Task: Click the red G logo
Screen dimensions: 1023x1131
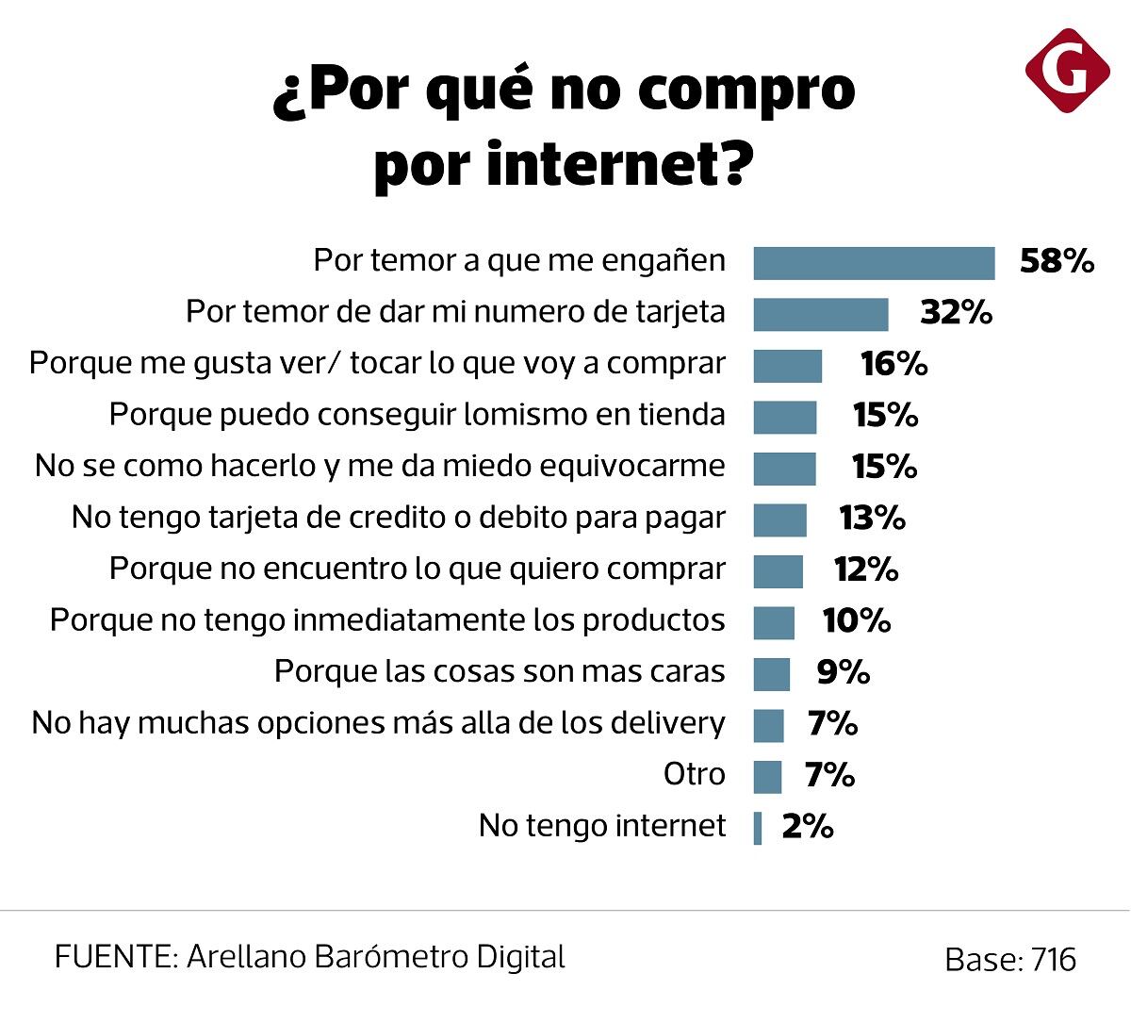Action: click(1068, 71)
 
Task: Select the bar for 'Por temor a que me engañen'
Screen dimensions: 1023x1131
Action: click(874, 263)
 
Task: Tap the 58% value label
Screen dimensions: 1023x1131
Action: click(1057, 261)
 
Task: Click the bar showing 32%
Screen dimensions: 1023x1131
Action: click(820, 315)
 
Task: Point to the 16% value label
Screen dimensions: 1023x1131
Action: click(893, 364)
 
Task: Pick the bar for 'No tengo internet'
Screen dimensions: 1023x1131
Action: click(758, 828)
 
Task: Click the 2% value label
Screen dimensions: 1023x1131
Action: click(808, 827)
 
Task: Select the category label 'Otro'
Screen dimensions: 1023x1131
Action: click(695, 775)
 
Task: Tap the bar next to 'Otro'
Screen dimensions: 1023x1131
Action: click(767, 777)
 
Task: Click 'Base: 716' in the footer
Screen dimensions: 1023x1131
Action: click(1009, 960)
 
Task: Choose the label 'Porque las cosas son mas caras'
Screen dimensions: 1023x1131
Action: click(500, 671)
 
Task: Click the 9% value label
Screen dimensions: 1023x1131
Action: click(843, 672)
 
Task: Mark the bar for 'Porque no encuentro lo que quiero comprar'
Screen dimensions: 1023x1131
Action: click(778, 571)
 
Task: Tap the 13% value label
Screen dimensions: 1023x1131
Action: click(872, 518)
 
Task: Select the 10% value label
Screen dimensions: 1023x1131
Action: click(856, 620)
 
